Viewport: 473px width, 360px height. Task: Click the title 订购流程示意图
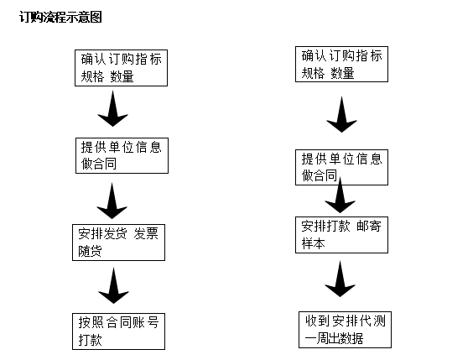[60, 17]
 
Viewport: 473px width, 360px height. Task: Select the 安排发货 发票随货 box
[118, 243]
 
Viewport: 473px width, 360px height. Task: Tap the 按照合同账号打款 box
[118, 331]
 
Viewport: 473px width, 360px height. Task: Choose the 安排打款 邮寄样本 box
[341, 235]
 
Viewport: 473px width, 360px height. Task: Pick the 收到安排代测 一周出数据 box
[345, 330]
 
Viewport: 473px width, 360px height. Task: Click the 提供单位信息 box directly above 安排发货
[122, 156]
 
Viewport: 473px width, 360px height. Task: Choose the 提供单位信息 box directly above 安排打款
[341, 167]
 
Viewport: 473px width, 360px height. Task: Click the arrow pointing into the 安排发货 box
[112, 201]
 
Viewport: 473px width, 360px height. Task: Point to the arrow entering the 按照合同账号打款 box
[114, 285]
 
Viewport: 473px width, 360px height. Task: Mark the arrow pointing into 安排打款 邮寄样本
[340, 196]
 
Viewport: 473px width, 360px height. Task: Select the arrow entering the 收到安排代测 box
[340, 279]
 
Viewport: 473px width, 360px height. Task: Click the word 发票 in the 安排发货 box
[146, 234]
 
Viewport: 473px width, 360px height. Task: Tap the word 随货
[91, 251]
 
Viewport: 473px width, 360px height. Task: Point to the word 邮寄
[369, 226]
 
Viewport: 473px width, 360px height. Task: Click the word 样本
[313, 243]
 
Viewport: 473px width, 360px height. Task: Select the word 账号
[146, 322]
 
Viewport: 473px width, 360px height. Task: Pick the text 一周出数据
[334, 338]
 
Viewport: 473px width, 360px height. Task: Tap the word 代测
[373, 321]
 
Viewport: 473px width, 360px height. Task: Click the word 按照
[91, 322]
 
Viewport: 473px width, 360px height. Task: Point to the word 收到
[318, 321]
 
